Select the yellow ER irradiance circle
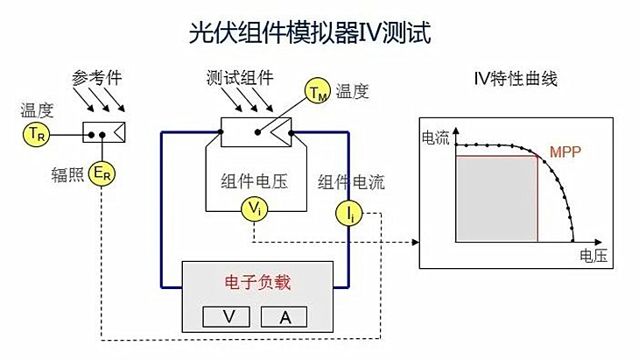(102, 173)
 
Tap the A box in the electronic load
(285, 316)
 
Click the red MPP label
(565, 151)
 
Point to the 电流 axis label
(435, 137)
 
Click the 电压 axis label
(592, 256)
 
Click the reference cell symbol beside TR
(104, 133)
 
